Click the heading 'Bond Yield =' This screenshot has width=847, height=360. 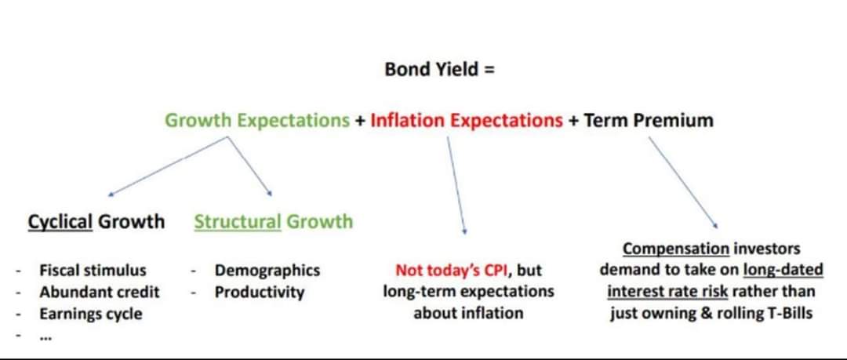coord(439,70)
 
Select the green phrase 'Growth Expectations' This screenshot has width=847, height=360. coord(257,120)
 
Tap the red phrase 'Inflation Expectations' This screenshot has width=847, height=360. coord(467,120)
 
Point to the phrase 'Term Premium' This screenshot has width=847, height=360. coord(649,120)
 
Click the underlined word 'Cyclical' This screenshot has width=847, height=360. coord(60,222)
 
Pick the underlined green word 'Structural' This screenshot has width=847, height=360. coord(238,222)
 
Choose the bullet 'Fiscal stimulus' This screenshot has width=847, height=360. coord(93,270)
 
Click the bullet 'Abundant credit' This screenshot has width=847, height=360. coord(100,293)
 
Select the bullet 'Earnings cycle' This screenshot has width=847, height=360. coord(91,314)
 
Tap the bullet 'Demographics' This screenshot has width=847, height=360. coord(267,270)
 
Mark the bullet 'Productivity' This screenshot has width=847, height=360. coord(260,293)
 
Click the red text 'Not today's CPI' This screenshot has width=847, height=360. coord(452,270)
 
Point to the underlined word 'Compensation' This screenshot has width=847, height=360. coord(676,249)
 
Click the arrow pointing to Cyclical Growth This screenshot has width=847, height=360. coord(168,166)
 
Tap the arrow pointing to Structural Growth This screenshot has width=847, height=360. coord(249,166)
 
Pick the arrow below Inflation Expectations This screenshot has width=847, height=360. coord(456,185)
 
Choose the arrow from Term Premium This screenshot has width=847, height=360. coord(683,182)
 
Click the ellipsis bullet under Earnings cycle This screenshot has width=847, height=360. coord(45,337)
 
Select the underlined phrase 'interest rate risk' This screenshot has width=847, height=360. coord(667,292)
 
